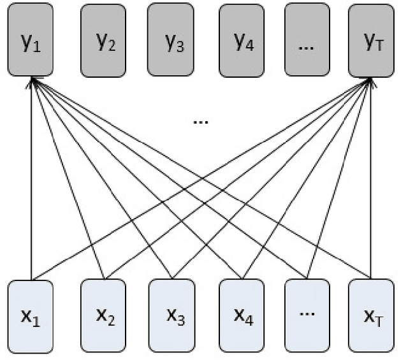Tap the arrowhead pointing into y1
click(33, 82)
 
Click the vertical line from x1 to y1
click(33, 191)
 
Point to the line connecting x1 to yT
click(127, 223)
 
